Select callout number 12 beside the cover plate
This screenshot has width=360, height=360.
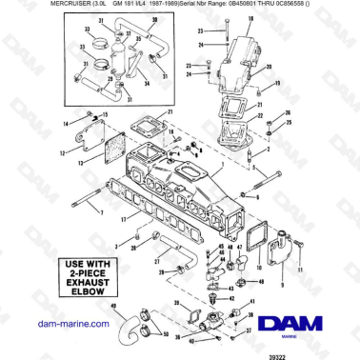pos(61,151)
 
